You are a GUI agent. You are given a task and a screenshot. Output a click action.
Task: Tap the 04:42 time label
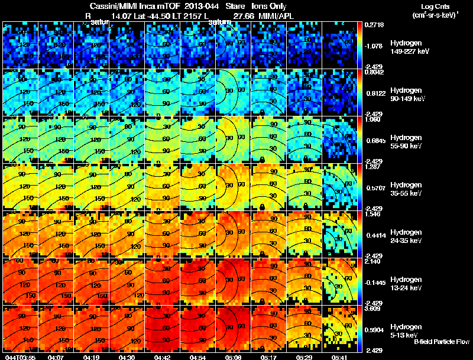(161, 356)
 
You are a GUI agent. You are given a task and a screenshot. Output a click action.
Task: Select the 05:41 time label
(339, 356)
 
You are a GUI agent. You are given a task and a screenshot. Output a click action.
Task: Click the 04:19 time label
(90, 356)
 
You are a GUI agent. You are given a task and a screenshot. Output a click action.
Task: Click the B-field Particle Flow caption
(442, 342)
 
